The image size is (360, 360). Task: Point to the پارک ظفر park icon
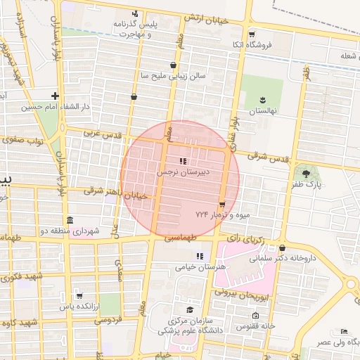306,174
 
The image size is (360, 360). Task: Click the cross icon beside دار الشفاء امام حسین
55,96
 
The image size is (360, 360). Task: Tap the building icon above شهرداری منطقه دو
69,220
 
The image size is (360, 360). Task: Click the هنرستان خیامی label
200,267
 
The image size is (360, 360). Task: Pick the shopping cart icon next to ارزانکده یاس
79,296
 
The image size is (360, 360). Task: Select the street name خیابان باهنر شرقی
116,193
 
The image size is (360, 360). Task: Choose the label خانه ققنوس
259,326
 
